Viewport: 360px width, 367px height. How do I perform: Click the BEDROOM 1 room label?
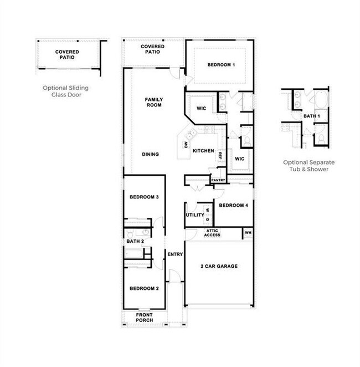(x=222, y=65)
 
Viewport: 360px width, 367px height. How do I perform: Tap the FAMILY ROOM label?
(x=153, y=102)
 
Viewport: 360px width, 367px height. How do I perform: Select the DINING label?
(x=150, y=154)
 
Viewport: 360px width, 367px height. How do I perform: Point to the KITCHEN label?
(x=203, y=151)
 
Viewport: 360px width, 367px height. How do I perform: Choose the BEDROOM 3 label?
(x=144, y=197)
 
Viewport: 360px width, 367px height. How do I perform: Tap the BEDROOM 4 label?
(x=233, y=206)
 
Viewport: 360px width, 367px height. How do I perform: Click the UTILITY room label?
(x=195, y=215)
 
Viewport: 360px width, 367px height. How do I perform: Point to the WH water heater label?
(x=248, y=233)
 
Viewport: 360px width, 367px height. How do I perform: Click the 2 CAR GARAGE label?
(x=219, y=266)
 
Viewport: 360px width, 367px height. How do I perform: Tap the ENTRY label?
(x=175, y=254)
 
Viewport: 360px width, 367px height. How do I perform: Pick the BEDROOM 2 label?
(x=144, y=288)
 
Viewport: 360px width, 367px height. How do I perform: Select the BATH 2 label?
(x=135, y=241)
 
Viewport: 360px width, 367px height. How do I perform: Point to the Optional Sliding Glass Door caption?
(x=66, y=91)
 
